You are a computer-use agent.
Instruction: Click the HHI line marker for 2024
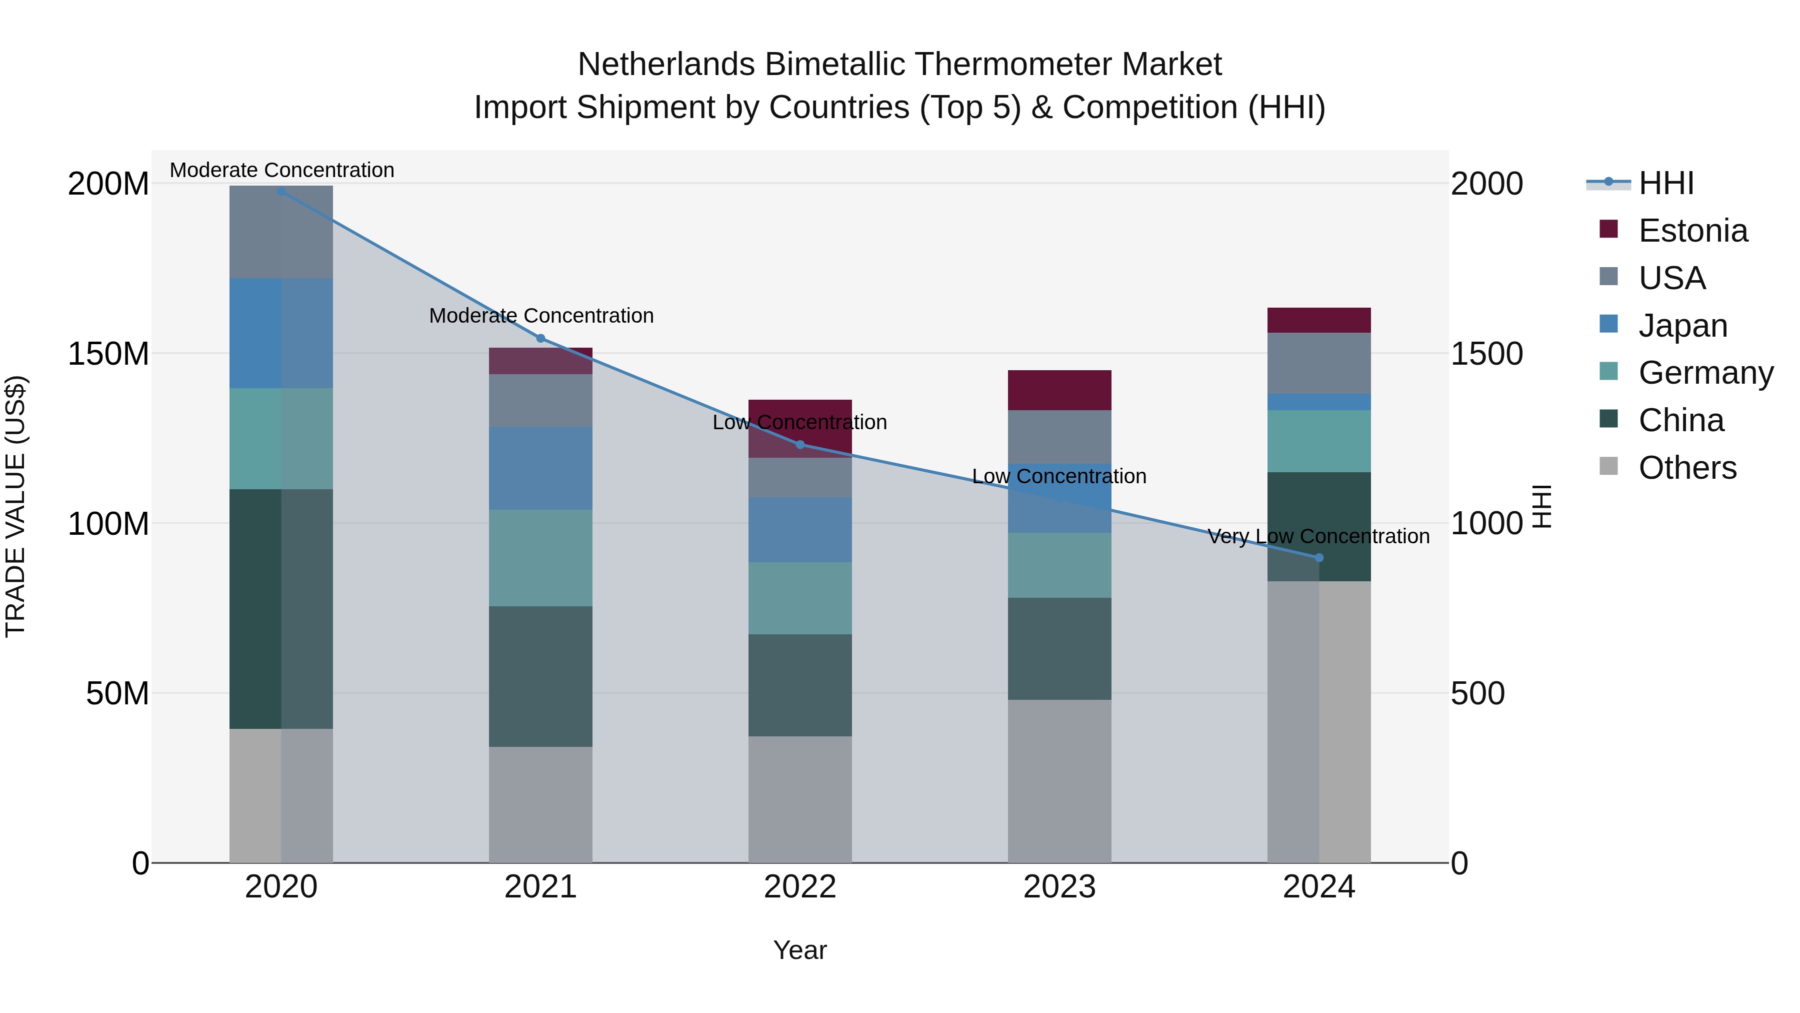(1318, 558)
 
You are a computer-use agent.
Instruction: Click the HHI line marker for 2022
(800, 445)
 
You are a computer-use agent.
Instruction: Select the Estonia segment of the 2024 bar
(1318, 320)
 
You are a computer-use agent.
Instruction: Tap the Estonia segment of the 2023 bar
(1059, 390)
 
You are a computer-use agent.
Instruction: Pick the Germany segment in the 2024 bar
(1318, 441)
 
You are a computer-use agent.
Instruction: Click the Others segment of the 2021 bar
(540, 804)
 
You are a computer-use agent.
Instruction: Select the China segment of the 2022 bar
(800, 685)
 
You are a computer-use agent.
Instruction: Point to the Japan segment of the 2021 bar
(540, 468)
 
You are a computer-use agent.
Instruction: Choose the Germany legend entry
(1705, 373)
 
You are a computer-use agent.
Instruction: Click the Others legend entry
(1687, 468)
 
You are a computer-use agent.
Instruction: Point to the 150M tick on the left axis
(108, 354)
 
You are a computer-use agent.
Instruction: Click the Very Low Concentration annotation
(1318, 536)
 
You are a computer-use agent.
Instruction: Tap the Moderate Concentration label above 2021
(541, 316)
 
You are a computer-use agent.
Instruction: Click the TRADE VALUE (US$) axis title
(15, 506)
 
